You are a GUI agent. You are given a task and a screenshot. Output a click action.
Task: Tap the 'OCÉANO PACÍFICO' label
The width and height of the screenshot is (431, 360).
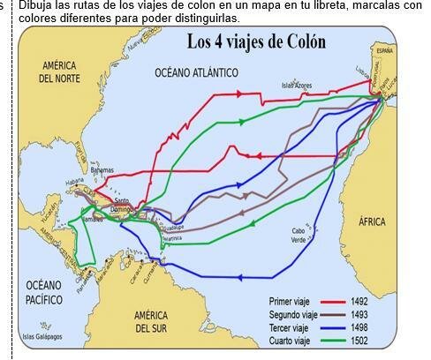click(44, 292)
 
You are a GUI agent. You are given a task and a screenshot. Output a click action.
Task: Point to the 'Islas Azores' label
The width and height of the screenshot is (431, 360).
click(297, 86)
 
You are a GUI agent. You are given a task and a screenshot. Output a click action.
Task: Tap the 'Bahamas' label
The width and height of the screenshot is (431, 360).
click(102, 170)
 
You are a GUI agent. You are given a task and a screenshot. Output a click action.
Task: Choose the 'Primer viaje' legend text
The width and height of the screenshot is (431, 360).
click(290, 302)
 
